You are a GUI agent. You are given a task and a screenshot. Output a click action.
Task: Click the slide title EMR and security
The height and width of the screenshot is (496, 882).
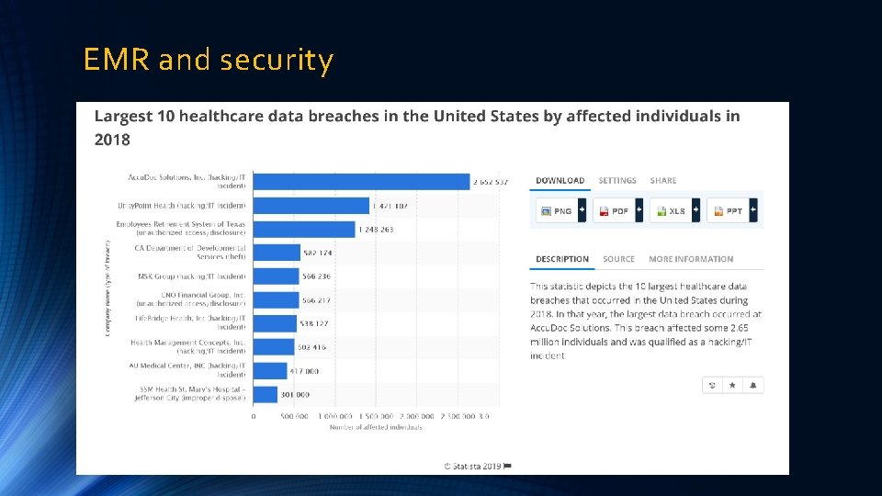point(208,60)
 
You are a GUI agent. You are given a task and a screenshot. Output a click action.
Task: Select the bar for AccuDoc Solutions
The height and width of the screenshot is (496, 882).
point(360,181)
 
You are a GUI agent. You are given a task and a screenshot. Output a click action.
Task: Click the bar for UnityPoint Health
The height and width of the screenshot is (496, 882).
point(311,206)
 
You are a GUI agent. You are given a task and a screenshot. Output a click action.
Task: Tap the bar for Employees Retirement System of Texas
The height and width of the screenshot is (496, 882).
point(303,229)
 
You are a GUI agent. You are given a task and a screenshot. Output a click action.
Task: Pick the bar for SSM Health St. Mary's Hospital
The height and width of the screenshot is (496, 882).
point(265,394)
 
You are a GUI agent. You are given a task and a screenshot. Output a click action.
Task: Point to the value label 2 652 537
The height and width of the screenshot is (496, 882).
point(491,182)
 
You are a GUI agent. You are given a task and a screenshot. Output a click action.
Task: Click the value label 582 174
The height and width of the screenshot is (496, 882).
point(318,253)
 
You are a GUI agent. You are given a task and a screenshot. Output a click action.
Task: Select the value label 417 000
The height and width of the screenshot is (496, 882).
point(305,371)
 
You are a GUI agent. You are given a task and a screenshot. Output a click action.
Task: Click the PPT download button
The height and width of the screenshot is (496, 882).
point(731,210)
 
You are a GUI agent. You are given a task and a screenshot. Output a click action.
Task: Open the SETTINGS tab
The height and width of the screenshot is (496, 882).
point(617,181)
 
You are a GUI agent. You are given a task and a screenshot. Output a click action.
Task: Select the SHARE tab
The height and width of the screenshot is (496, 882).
point(663,181)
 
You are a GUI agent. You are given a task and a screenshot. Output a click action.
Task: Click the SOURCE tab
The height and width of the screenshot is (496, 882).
point(618,259)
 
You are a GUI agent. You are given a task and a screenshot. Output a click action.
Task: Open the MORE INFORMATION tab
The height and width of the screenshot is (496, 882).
point(691,259)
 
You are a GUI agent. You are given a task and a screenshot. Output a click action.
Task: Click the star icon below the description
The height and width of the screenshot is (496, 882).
point(732,385)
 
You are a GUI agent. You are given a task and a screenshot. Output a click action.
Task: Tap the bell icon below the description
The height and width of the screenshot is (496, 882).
point(752,385)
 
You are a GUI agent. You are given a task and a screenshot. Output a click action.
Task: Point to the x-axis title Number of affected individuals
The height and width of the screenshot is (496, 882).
point(376,427)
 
